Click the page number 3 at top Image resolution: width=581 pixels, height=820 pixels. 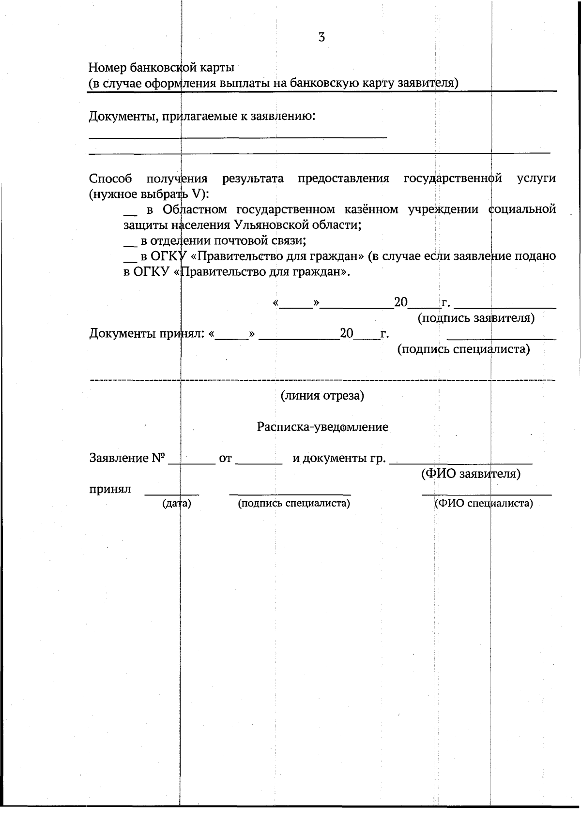[321, 37]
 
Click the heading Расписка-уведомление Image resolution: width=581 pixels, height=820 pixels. [322, 427]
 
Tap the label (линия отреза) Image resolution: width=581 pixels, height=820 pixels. [322, 396]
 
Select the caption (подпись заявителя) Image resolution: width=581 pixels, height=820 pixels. [476, 318]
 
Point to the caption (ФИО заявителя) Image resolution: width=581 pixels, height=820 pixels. [471, 474]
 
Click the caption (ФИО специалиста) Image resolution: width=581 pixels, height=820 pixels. [484, 504]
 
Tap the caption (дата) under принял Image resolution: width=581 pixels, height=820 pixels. [177, 504]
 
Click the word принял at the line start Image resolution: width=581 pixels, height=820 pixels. [110, 489]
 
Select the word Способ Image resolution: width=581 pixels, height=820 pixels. [110, 179]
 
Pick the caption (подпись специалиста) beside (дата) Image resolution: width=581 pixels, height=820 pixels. [294, 504]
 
